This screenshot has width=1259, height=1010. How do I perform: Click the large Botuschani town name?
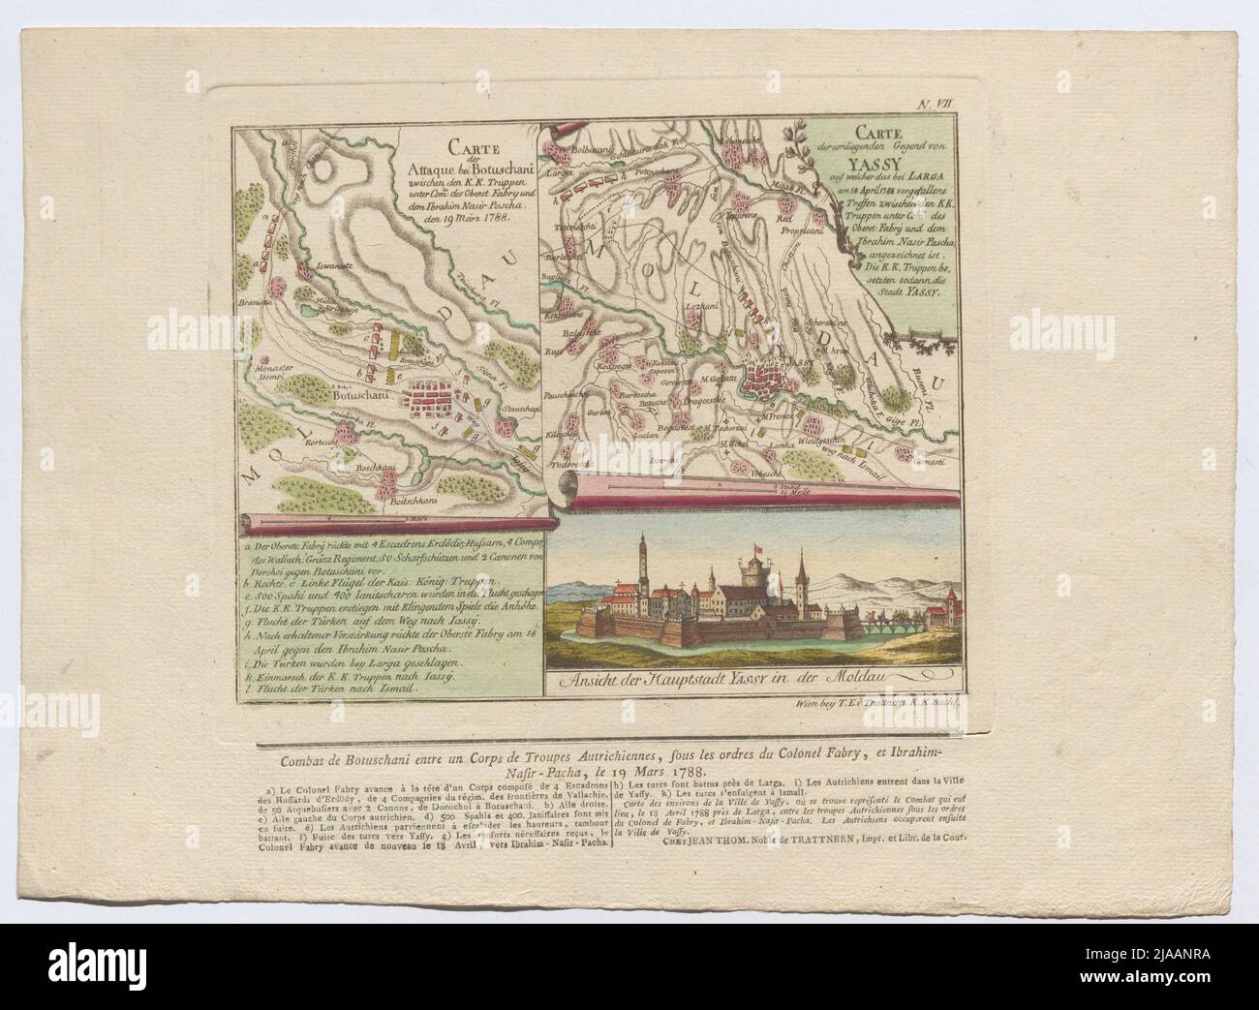(361, 396)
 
